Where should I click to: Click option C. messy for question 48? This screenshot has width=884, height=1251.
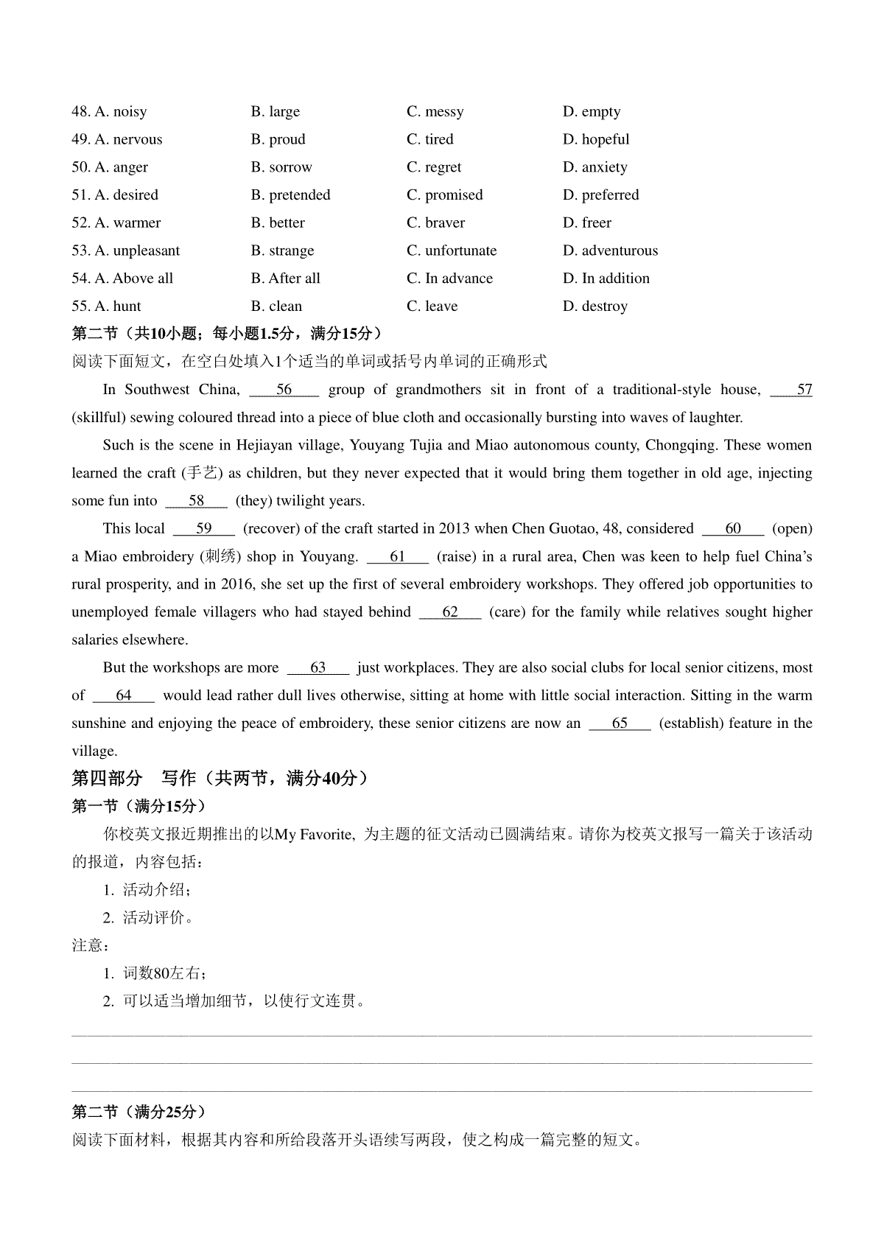coord(435,112)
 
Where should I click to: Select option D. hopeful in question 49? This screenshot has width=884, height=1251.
coord(596,140)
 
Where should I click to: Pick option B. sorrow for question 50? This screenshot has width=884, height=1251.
coord(281,167)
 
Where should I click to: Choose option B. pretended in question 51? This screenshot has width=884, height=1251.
coord(290,195)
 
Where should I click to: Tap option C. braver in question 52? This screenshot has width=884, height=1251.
coord(435,223)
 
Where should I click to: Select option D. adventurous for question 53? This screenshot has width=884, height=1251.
coord(610,251)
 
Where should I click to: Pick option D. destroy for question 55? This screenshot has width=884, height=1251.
coord(595,306)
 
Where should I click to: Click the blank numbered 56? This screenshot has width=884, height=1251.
coord(284,390)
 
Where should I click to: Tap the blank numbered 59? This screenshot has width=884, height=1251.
coord(204,529)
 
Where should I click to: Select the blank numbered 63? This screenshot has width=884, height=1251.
coord(318,668)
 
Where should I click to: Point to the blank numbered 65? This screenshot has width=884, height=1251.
coord(620,723)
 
